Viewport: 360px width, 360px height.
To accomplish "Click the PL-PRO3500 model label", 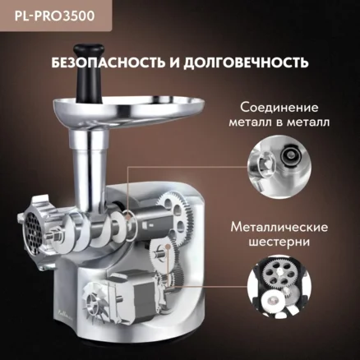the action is pyautogui.click(x=54, y=16).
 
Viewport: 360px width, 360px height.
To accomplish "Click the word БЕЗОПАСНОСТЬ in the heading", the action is pyautogui.click(x=108, y=62).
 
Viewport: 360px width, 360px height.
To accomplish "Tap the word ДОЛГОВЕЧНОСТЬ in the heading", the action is pyautogui.click(x=246, y=62).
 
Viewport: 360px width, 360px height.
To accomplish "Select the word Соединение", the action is pyautogui.click(x=279, y=108).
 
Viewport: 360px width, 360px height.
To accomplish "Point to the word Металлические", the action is pyautogui.click(x=279, y=228).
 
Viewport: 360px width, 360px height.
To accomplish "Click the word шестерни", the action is pyautogui.click(x=279, y=242).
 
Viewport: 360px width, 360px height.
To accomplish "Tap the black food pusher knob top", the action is pyautogui.click(x=89, y=50).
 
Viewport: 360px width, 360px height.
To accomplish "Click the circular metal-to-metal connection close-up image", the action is pyautogui.click(x=279, y=167).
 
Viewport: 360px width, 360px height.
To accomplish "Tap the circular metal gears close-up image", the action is pyautogui.click(x=279, y=287).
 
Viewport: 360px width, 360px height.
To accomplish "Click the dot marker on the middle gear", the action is pyautogui.click(x=168, y=247).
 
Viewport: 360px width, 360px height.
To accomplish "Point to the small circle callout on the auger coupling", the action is pyautogui.click(x=128, y=218).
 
